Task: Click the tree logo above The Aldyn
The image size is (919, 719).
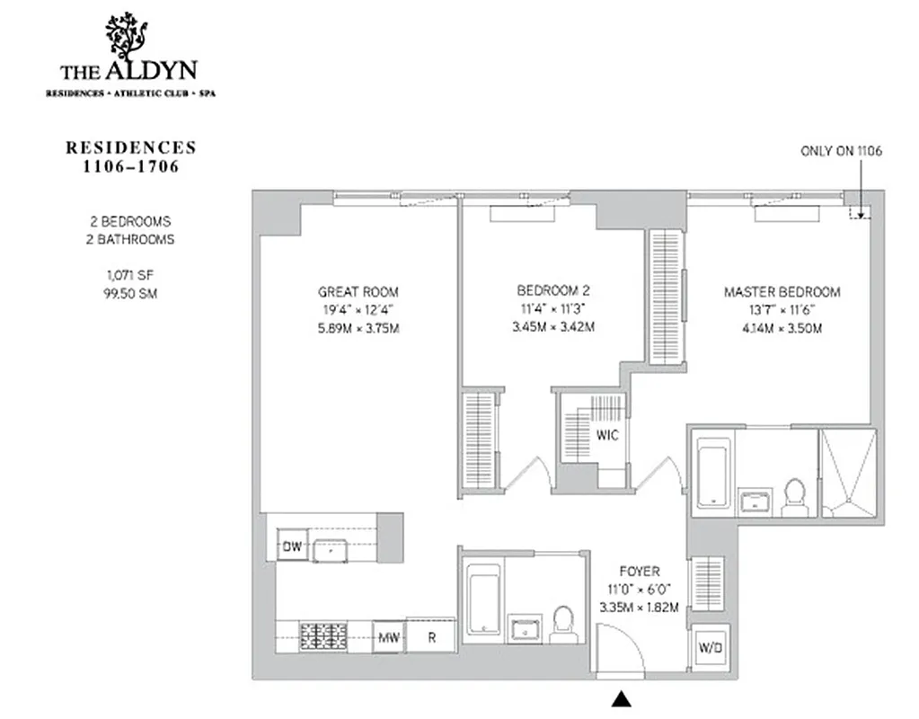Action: tap(126, 35)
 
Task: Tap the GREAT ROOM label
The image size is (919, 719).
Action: tap(358, 292)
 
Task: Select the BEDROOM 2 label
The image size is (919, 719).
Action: tap(553, 290)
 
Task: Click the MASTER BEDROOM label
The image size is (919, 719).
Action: tap(782, 292)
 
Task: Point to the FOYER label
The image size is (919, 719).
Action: tap(639, 572)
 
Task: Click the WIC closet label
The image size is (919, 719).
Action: tap(607, 434)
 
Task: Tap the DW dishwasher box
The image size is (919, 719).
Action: tap(292, 546)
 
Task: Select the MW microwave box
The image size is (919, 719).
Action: tap(388, 637)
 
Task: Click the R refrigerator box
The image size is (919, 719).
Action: tap(431, 637)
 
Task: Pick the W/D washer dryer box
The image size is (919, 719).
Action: tap(710, 646)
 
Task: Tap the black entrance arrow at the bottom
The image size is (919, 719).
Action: tap(621, 697)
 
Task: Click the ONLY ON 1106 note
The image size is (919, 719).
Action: tap(841, 151)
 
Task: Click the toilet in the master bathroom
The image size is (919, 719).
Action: tap(794, 496)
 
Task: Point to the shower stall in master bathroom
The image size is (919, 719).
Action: tap(847, 473)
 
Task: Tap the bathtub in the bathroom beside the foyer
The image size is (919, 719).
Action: tap(483, 599)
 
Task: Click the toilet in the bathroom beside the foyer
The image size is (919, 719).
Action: tap(562, 623)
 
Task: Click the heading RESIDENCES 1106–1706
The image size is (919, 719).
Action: tap(131, 155)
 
